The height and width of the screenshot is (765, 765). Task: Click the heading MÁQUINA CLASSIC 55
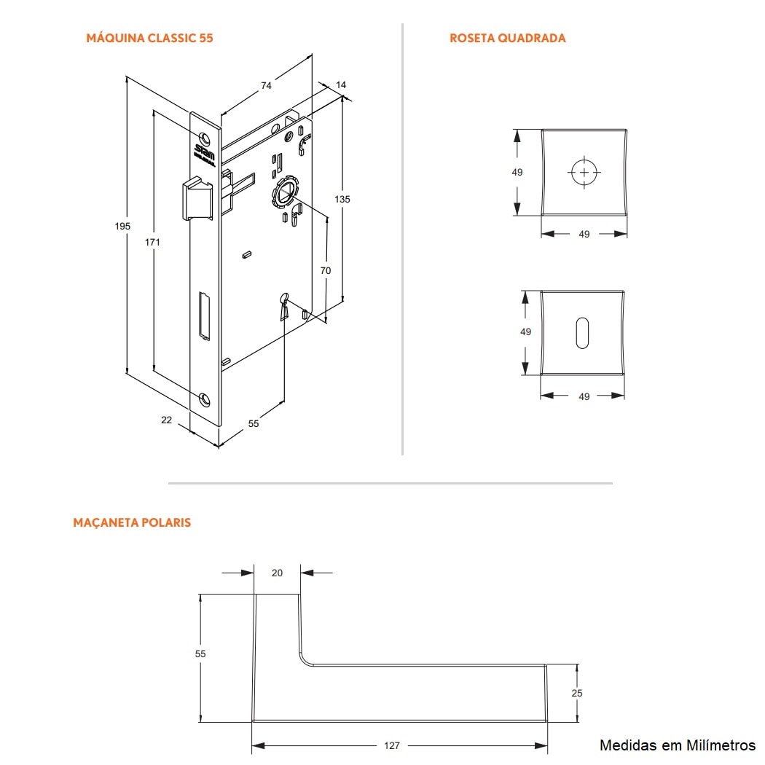click(149, 38)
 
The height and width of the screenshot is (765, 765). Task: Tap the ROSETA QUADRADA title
click(507, 38)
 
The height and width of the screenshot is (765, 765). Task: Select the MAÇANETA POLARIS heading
click(132, 522)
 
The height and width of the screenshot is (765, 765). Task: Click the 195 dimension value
click(122, 227)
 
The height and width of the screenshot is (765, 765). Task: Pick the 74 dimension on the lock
click(266, 85)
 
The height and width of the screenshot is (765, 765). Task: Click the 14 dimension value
click(341, 85)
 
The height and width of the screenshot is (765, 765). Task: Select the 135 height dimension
click(342, 199)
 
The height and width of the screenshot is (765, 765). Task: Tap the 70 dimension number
click(326, 270)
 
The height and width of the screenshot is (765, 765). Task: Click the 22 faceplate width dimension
click(166, 420)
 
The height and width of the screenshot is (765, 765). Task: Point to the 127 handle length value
click(392, 745)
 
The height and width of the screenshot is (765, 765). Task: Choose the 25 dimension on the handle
click(577, 693)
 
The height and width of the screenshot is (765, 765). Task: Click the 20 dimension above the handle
click(277, 573)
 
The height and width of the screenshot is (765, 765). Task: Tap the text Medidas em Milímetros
click(677, 745)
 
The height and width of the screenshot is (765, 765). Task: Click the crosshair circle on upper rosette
click(584, 173)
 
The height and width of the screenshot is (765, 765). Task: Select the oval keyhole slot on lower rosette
click(583, 332)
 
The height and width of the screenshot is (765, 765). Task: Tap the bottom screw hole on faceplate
click(205, 398)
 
